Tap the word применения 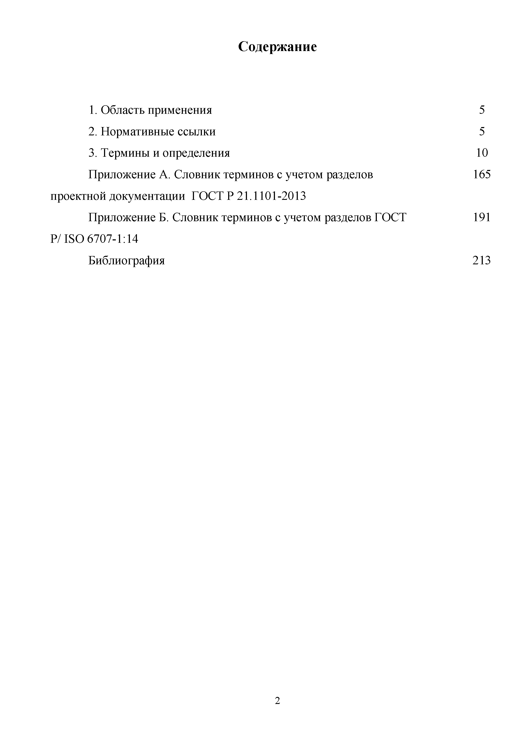click(180, 110)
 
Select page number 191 click(482, 217)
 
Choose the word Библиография click(127, 261)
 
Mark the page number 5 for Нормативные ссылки click(482, 132)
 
